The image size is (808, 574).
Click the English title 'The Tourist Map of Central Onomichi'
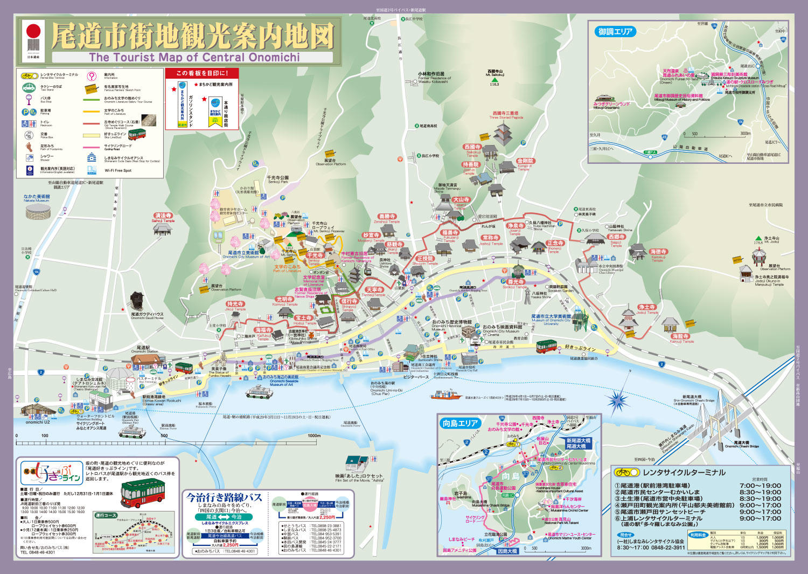pos(194,57)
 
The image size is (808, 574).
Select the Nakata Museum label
pos(37,198)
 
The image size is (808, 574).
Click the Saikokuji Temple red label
pos(472,147)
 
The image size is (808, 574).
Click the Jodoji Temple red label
pos(647,307)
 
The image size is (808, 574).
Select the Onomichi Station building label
pos(144,349)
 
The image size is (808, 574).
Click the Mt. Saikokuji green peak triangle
pos(494,79)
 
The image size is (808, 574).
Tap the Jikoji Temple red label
pos(235,305)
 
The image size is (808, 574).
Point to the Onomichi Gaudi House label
pos(147,315)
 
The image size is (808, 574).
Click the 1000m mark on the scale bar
pos(314,436)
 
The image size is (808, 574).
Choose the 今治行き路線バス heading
pos(224,497)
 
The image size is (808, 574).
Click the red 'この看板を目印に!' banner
pos(202,73)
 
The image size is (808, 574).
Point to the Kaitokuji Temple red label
pos(658,252)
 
